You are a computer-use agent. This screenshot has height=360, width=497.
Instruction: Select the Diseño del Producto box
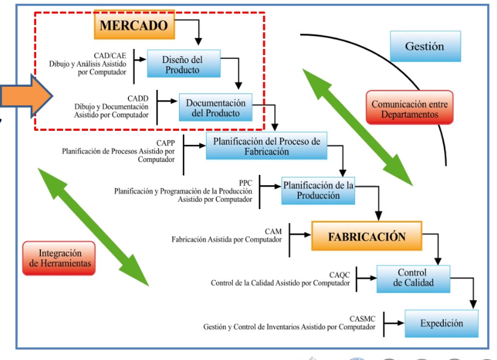pyautogui.click(x=182, y=64)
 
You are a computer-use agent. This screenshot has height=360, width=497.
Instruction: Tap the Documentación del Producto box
pyautogui.click(x=215, y=108)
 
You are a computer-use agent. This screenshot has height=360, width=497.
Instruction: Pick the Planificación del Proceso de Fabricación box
pyautogui.click(x=267, y=146)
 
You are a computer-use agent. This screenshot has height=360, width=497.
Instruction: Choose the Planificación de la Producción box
pyautogui.click(x=318, y=190)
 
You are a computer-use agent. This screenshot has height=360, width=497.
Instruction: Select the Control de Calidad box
pyautogui.click(x=412, y=278)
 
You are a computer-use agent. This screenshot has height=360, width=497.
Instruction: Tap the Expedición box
pyautogui.click(x=441, y=323)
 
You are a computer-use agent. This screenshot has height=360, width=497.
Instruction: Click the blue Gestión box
pyautogui.click(x=424, y=46)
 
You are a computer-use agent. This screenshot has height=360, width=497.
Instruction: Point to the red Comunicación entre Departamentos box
pyautogui.click(x=409, y=108)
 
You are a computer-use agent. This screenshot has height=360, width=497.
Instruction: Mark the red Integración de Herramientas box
pyautogui.click(x=60, y=257)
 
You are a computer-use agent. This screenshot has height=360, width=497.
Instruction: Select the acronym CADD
pyautogui.click(x=138, y=98)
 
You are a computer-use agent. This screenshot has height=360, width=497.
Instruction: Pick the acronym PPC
pyautogui.click(x=245, y=183)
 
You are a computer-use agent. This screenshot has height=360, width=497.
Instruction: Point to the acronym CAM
pyautogui.click(x=273, y=231)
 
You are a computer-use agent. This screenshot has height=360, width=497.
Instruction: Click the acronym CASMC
pyautogui.click(x=363, y=318)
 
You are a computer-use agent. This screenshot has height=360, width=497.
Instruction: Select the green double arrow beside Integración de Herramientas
pyautogui.click(x=92, y=227)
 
